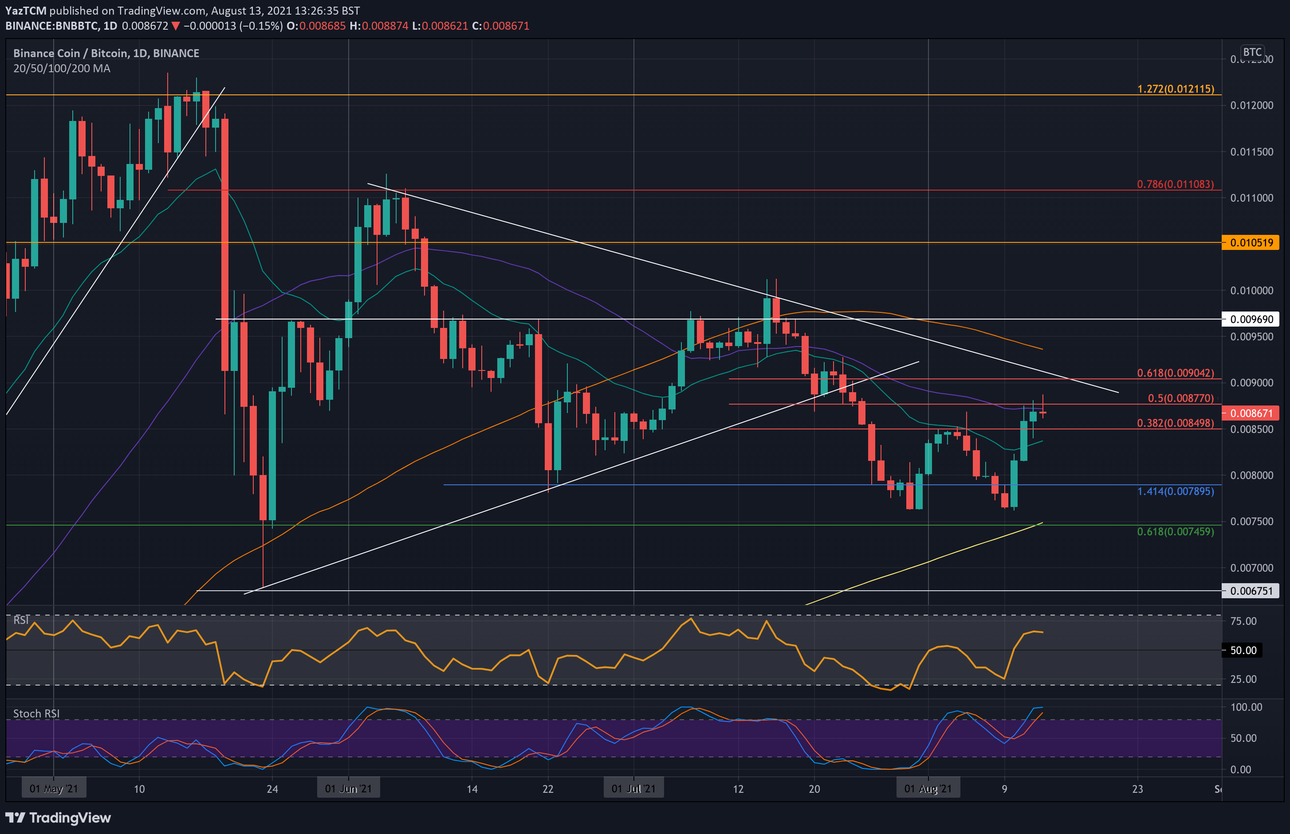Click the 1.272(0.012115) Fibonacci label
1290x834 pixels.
1175,89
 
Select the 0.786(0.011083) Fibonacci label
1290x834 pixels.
1175,184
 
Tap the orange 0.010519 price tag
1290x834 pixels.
1251,242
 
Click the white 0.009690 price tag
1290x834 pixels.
1251,319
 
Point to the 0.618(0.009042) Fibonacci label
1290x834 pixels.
1175,373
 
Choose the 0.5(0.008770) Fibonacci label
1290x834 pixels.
1180,398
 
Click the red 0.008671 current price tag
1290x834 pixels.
1251,413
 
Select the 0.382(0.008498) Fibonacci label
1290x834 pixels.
1175,423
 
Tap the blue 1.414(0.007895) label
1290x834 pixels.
1175,491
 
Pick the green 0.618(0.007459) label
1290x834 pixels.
1175,531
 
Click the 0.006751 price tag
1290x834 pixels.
1251,591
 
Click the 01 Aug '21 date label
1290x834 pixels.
928,788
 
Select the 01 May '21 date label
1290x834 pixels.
53,788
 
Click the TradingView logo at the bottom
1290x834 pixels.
58,818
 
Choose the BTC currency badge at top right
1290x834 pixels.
1251,52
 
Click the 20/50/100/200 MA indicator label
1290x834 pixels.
62,68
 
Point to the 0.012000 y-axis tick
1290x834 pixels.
1251,105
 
